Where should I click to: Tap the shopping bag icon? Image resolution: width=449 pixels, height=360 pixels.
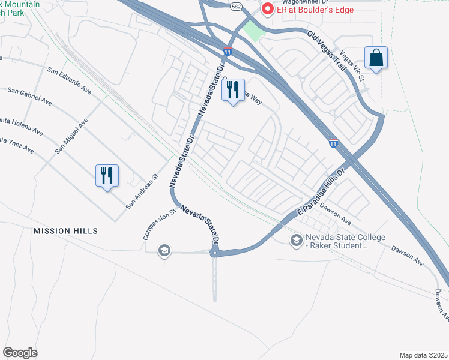376,58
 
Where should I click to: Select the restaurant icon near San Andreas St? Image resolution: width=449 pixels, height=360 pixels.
107,176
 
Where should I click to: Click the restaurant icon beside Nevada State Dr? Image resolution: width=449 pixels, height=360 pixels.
233,90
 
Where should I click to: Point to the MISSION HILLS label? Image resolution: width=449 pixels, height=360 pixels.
65,231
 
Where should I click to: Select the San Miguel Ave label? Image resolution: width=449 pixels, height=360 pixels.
71,136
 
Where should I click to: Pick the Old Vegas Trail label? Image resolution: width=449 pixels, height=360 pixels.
328,50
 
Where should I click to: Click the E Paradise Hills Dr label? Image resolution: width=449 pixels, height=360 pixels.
322,193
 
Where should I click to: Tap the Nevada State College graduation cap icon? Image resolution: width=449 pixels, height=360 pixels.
295,241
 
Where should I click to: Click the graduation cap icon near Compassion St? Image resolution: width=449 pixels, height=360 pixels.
164,250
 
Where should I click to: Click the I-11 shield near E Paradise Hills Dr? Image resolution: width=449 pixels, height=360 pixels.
333,143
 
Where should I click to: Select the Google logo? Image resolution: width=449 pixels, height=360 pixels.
20,353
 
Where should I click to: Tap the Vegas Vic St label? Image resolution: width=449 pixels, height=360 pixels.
352,66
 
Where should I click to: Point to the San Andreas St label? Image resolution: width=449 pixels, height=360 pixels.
141,191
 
